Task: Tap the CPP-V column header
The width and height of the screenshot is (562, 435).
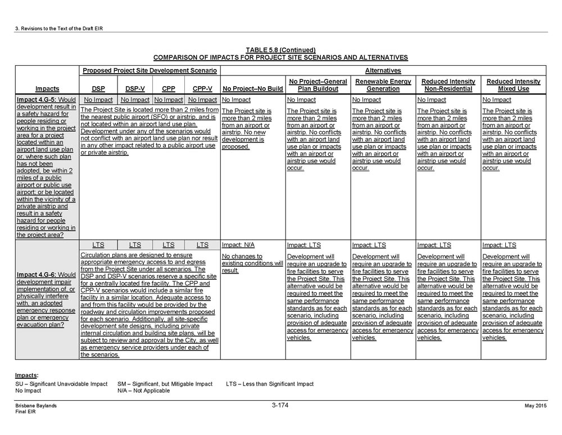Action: click(202, 88)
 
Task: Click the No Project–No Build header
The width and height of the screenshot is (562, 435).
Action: click(253, 88)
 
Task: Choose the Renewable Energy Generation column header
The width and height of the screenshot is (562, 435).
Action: click(383, 85)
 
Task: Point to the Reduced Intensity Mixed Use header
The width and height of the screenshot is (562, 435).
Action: click(513, 85)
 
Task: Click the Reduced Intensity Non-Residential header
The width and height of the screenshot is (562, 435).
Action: click(448, 85)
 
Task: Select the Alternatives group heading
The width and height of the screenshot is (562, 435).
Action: click(383, 71)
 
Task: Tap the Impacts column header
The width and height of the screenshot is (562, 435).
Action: click(47, 88)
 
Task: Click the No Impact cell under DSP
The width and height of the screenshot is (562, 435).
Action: click(98, 100)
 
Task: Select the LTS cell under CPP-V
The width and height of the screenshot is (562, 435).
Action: click(202, 245)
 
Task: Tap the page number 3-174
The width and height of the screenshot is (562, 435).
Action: click(280, 405)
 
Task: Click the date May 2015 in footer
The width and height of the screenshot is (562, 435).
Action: click(535, 406)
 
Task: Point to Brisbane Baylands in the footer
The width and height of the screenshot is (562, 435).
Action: click(36, 406)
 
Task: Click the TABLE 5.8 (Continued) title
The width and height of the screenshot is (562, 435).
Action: click(280, 50)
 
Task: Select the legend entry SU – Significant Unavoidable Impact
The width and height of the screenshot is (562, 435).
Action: click(61, 384)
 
